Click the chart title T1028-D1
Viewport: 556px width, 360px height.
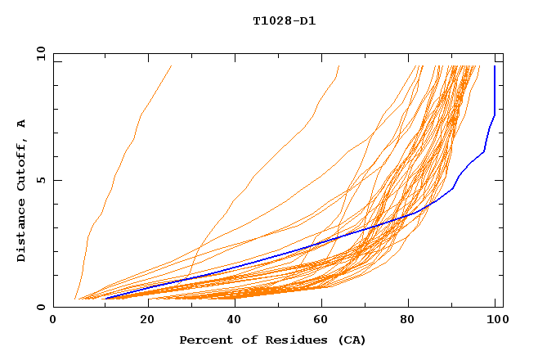tap(284, 20)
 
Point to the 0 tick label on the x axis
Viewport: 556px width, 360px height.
tap(53, 321)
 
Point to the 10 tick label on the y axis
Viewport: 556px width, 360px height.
tap(39, 53)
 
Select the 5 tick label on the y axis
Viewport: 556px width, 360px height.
tap(43, 180)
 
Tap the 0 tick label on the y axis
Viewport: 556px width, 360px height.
tap(43, 307)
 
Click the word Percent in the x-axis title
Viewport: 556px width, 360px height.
tap(203, 340)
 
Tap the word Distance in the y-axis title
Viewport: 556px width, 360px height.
tap(22, 232)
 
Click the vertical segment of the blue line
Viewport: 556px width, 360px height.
tap(495, 90)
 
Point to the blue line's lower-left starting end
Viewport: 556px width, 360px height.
tap(105, 299)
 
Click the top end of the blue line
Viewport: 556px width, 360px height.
tap(495, 66)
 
